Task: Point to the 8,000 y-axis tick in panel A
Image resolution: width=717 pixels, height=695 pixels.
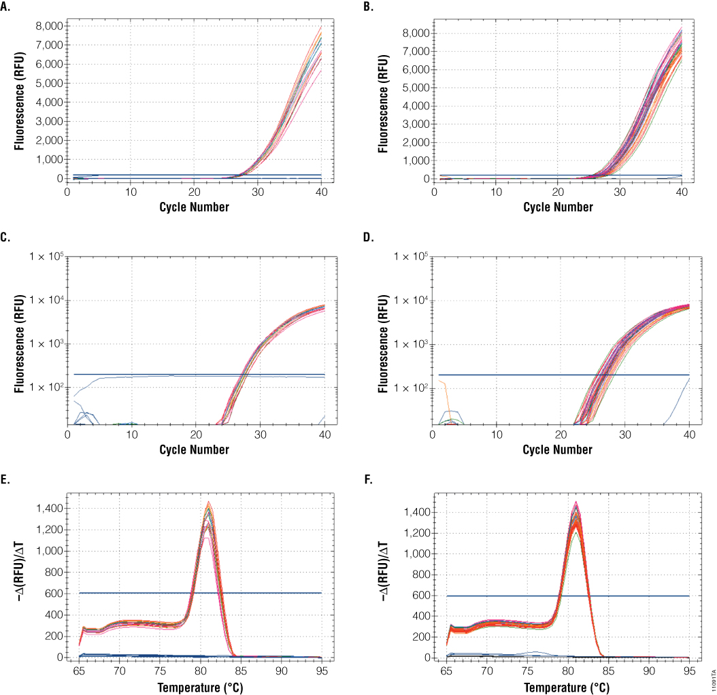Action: click(50, 26)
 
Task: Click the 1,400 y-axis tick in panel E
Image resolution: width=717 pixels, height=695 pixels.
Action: click(51, 509)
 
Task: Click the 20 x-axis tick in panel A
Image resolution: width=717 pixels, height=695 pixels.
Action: click(196, 192)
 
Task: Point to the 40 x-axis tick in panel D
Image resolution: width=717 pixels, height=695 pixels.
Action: click(689, 435)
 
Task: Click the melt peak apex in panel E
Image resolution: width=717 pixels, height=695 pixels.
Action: click(209, 503)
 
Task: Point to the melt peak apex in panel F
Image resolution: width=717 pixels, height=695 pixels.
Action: click(577, 504)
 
